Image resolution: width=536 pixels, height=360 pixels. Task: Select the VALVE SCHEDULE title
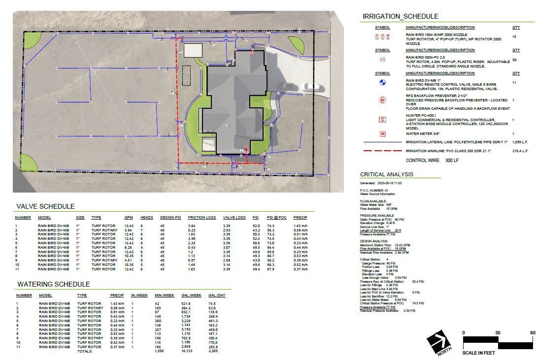pos(45,206)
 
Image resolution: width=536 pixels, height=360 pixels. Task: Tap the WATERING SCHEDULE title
pos(53,284)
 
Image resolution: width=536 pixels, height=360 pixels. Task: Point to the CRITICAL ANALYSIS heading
pos(387,174)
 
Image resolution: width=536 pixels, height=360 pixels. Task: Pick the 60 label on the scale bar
pos(532,333)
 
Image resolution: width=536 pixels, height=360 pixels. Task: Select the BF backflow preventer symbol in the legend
pos(382,100)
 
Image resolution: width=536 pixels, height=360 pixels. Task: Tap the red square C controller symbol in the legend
pos(382,120)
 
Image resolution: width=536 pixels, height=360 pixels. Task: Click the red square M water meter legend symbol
pos(382,133)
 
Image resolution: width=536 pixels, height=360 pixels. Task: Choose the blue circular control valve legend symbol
pos(382,83)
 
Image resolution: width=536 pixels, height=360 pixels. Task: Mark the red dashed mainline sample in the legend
pos(382,151)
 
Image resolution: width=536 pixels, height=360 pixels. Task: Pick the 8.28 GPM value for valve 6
pos(129,247)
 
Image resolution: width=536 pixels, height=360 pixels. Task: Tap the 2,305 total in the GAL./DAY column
pos(213,351)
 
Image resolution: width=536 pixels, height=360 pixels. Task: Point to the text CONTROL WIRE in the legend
pos(422,161)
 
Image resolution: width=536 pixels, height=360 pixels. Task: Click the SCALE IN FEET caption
pos(478,352)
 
